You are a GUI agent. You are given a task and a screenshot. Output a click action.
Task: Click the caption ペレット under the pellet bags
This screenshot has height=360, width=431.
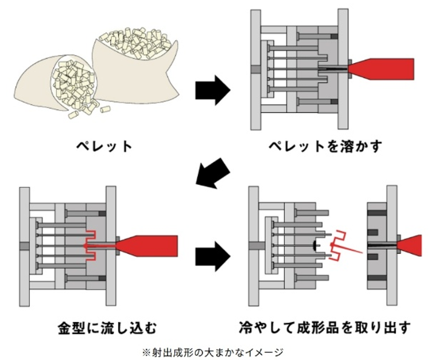pos(104,146)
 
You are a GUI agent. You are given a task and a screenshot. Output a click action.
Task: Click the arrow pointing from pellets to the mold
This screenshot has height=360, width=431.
pos(212,91)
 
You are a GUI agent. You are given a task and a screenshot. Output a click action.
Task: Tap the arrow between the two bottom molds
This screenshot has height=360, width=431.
pos(212,252)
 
